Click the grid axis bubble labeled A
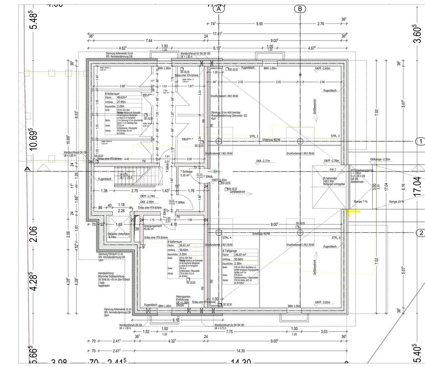click(x=218, y=9)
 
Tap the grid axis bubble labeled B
click(x=300, y=9)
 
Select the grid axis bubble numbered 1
click(x=420, y=142)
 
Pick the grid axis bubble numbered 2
click(x=420, y=233)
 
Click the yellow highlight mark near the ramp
click(x=354, y=212)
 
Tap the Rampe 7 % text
click(x=361, y=201)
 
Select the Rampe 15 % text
click(x=397, y=201)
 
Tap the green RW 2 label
click(x=332, y=169)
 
